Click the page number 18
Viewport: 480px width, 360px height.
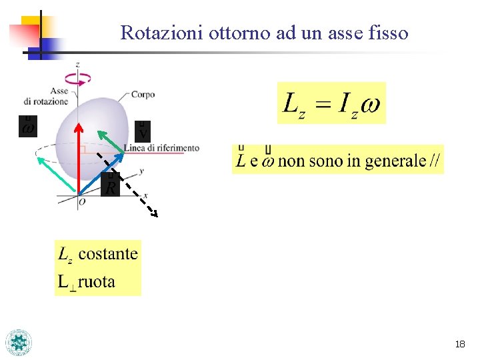[x=459, y=344]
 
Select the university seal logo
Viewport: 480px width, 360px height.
[x=19, y=342]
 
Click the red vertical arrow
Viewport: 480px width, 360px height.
[x=78, y=160]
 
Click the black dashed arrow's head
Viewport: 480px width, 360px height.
[x=154, y=214]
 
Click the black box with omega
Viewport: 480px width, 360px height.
[x=27, y=126]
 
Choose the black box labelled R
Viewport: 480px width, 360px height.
[x=111, y=186]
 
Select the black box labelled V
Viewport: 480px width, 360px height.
[x=143, y=131]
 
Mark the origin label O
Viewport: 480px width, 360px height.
[x=81, y=201]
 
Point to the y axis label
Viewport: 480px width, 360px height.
[x=142, y=171]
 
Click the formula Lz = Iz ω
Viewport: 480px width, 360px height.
[x=331, y=103]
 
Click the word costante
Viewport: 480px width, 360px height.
[x=108, y=254]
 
